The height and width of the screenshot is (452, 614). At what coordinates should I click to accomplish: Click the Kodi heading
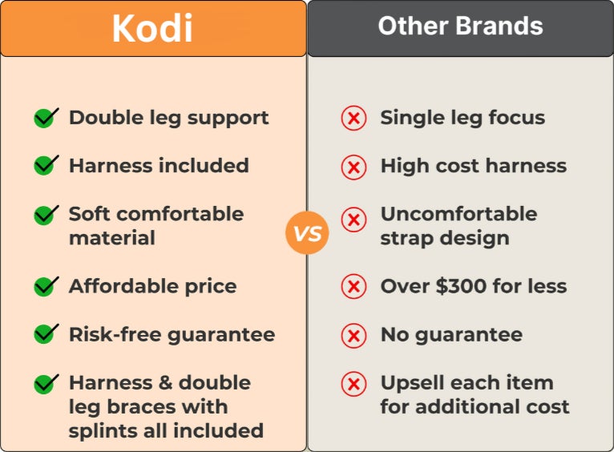coord(152,28)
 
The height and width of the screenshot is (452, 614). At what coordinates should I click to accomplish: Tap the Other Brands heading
coord(460,26)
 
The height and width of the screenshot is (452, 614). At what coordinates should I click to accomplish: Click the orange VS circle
coord(307,233)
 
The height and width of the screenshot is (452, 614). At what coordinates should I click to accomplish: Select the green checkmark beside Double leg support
coord(46,118)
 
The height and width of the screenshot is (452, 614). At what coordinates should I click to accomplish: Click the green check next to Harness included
coord(46,165)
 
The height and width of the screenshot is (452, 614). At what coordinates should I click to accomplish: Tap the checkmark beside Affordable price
coord(46,286)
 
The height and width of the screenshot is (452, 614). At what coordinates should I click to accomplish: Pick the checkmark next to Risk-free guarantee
coord(46,334)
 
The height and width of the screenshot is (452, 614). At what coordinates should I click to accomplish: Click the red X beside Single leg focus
coord(353,118)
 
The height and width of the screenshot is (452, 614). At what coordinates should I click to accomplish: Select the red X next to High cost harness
coord(353,167)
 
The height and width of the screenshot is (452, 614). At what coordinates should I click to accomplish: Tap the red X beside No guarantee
coord(353,336)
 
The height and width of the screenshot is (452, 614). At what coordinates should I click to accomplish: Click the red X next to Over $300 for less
coord(353,287)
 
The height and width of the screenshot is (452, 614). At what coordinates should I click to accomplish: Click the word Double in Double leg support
coord(106,117)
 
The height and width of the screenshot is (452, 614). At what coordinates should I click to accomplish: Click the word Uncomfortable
coord(459,214)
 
